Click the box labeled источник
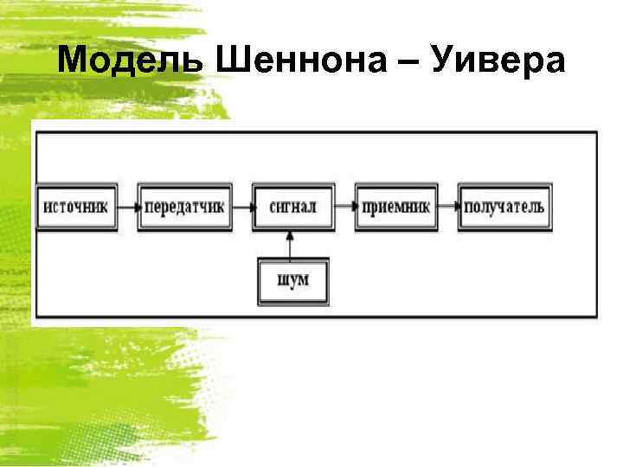77,208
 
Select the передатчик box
185,208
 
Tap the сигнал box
292,208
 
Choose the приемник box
395,208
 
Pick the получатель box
504,208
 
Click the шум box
292,280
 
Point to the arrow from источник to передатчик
128,208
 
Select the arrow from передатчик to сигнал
243,208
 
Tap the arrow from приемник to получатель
448,208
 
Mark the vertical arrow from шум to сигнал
292,244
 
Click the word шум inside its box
292,280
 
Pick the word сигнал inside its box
292,208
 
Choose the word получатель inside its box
504,208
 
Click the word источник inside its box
77,208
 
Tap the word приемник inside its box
395,208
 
